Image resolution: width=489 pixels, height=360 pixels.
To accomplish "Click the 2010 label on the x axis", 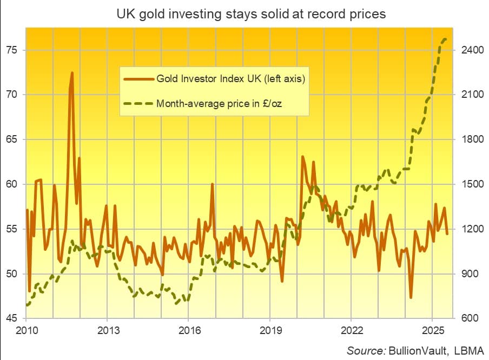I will click(x=26, y=329).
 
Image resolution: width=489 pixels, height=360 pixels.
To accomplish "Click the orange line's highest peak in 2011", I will click(x=72, y=72).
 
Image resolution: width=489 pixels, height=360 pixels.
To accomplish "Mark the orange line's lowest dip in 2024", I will click(x=411, y=297).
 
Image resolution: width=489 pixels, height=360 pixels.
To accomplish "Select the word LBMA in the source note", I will click(x=468, y=350).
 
